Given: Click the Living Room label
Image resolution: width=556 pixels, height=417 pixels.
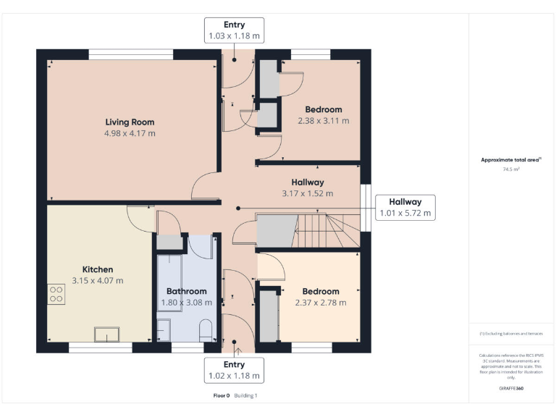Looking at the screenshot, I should pos(130,122).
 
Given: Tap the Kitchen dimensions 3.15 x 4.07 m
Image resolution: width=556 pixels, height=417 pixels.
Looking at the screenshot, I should pos(98,281).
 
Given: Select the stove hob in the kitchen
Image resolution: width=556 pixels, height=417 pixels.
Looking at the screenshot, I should pos(56,292).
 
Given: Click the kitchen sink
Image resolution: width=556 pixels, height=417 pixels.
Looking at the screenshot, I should pos(107,334).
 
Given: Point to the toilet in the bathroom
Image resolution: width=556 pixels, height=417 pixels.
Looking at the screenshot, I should pos(206,330).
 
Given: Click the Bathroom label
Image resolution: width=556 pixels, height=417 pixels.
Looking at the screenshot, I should pos(187,292).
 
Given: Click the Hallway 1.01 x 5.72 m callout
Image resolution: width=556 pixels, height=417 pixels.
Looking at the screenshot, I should pos(405,207).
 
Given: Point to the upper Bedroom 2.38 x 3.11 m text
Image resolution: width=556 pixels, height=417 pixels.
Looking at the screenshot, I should pos(323,121).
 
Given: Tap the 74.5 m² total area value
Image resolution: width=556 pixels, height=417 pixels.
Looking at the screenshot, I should pos(511,169).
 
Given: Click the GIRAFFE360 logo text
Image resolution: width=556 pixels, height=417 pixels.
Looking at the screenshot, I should pos(511,389).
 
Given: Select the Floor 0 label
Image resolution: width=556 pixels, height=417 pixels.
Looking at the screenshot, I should pos(221,396).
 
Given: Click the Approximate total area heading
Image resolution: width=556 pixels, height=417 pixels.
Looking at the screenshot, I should pos(511,160).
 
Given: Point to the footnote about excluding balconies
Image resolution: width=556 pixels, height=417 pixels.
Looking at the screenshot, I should pos(511,334).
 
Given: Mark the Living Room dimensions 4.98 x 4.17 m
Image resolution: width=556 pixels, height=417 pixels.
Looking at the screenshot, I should pos(130,133).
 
